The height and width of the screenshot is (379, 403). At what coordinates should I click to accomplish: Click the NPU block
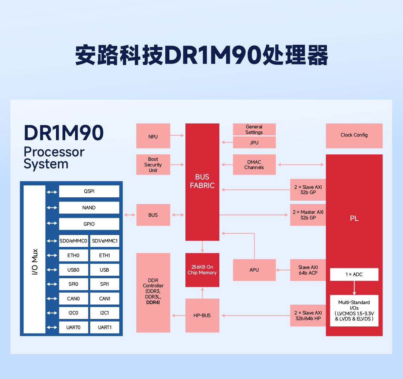[x=153, y=136]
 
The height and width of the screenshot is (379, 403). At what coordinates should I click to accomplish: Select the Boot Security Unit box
[x=153, y=165]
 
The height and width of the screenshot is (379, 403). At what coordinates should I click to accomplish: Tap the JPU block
[x=254, y=142]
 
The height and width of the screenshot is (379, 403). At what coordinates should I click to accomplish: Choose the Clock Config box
[x=354, y=135]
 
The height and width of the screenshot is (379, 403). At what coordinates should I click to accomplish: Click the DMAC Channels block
[x=254, y=165]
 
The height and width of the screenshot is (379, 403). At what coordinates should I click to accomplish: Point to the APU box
[x=254, y=270]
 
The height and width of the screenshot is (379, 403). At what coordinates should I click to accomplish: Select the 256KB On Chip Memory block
[x=202, y=270]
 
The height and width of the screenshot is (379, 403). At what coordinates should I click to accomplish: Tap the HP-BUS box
[x=202, y=315]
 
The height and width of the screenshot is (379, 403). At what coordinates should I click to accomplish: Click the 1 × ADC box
[x=354, y=274]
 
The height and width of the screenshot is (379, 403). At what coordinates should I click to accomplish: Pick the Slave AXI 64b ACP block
[x=308, y=270]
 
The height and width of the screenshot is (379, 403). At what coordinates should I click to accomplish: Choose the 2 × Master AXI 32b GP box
[x=308, y=215]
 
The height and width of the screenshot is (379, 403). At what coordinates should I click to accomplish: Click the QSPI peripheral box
[x=89, y=191]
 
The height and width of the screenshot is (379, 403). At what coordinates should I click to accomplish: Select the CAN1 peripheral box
[x=104, y=298]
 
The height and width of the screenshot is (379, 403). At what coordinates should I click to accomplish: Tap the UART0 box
[x=73, y=327]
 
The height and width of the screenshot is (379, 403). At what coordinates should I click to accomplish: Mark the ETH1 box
[x=104, y=256]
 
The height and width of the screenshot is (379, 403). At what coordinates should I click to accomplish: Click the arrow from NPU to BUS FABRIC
[x=178, y=135]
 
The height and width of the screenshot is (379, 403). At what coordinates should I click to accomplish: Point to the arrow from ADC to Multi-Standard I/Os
[x=354, y=288]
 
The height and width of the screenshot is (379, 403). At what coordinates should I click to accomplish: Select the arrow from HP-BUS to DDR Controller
[x=178, y=316]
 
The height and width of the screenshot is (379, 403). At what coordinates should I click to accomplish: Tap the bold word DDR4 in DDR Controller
[x=153, y=302]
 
